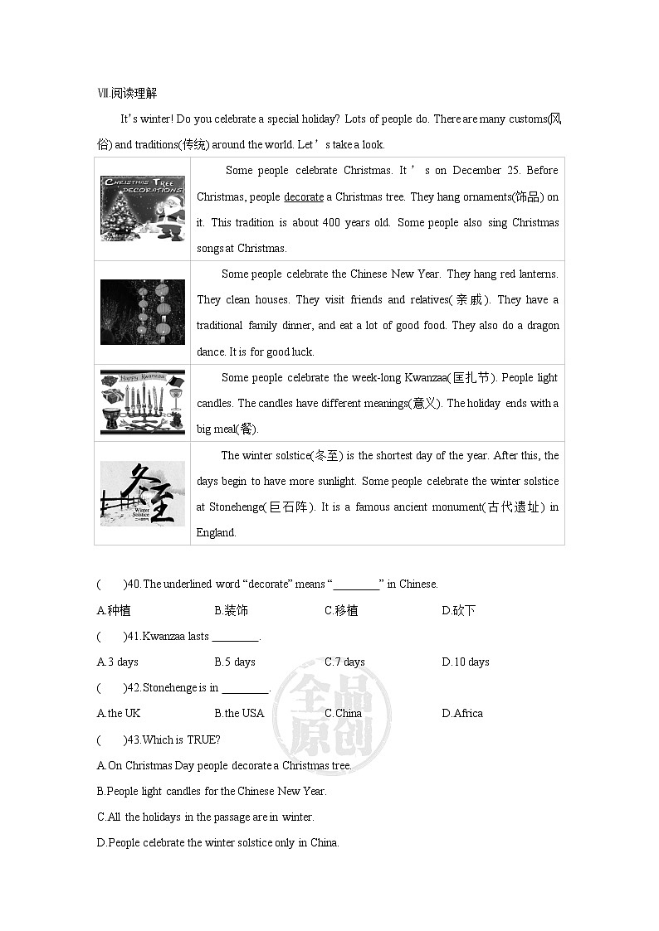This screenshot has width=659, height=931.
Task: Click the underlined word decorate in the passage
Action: tap(304, 196)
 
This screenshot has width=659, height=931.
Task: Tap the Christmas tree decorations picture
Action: tap(143, 208)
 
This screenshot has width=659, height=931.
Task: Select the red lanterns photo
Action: tap(143, 312)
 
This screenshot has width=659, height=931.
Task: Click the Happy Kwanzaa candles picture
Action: tap(143, 403)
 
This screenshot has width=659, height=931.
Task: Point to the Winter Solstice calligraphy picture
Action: tap(143, 492)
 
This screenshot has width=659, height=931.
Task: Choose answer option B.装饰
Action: tap(231, 611)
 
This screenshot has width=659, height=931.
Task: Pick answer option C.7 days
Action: tap(344, 662)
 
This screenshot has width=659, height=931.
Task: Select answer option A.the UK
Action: tap(119, 713)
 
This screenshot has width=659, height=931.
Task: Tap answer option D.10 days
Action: tap(466, 662)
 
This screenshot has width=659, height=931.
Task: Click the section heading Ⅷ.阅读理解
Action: tap(133, 94)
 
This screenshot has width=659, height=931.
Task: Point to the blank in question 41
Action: tap(236, 637)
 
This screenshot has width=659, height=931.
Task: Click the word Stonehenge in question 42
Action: tap(170, 687)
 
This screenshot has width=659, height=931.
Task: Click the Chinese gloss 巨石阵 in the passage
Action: tap(290, 507)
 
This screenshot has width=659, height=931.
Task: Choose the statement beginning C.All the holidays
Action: tap(206, 817)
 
